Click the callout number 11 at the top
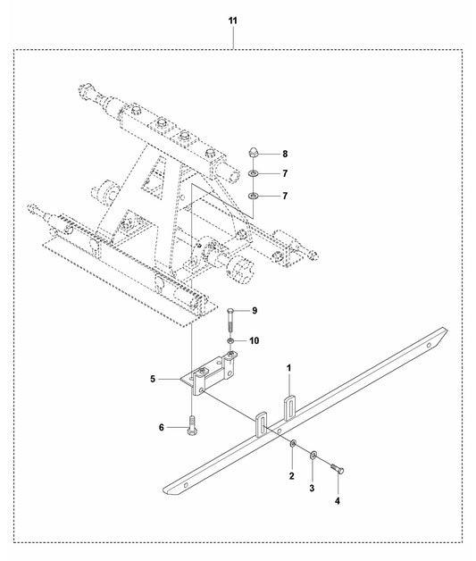(233, 21)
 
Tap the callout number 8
(285, 154)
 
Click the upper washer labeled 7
(254, 173)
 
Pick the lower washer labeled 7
(254, 196)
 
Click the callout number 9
(255, 310)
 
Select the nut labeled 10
(231, 340)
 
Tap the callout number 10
(255, 340)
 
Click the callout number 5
(153, 379)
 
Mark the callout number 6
(162, 427)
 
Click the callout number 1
(289, 368)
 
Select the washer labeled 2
(293, 444)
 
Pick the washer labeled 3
(313, 455)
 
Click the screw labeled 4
(338, 468)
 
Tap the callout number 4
(338, 501)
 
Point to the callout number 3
(312, 488)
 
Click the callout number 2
(291, 476)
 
